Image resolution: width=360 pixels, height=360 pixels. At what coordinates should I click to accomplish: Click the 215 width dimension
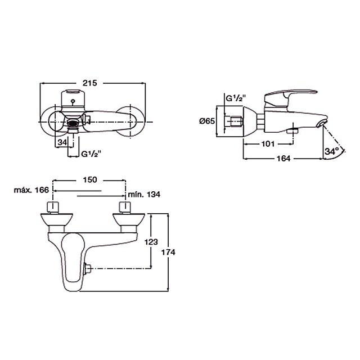90,83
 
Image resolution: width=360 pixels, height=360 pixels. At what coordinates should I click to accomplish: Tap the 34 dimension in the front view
62,142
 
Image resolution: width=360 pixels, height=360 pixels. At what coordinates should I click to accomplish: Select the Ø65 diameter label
207,121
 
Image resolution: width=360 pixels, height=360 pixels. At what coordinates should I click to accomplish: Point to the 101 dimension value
268,144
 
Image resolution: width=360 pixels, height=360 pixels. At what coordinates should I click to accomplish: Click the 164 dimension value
283,159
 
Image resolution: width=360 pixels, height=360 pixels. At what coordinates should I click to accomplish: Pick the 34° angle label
332,151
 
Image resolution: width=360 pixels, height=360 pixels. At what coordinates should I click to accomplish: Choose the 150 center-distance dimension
90,179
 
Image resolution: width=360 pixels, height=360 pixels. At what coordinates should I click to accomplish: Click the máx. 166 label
31,190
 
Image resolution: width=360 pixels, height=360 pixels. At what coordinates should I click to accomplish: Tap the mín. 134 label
144,195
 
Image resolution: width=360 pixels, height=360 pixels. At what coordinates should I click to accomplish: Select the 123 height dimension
151,242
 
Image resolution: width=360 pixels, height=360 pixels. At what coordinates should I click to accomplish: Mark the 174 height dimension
168,253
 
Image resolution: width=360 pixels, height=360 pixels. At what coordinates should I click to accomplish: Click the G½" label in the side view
236,99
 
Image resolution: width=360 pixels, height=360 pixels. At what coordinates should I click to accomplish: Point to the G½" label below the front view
91,154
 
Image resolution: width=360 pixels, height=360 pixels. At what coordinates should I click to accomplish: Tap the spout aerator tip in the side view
321,124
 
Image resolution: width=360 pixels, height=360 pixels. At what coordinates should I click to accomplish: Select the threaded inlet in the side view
236,121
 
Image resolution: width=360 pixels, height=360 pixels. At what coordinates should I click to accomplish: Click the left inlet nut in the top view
53,208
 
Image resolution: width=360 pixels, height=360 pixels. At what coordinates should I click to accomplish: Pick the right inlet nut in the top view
125,208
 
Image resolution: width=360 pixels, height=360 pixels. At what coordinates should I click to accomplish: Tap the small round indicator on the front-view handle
73,101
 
